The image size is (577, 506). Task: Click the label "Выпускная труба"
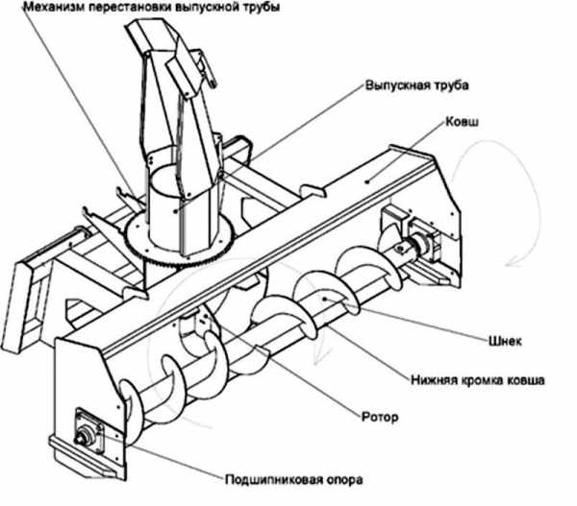(416, 85)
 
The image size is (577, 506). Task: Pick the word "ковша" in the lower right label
(524, 380)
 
